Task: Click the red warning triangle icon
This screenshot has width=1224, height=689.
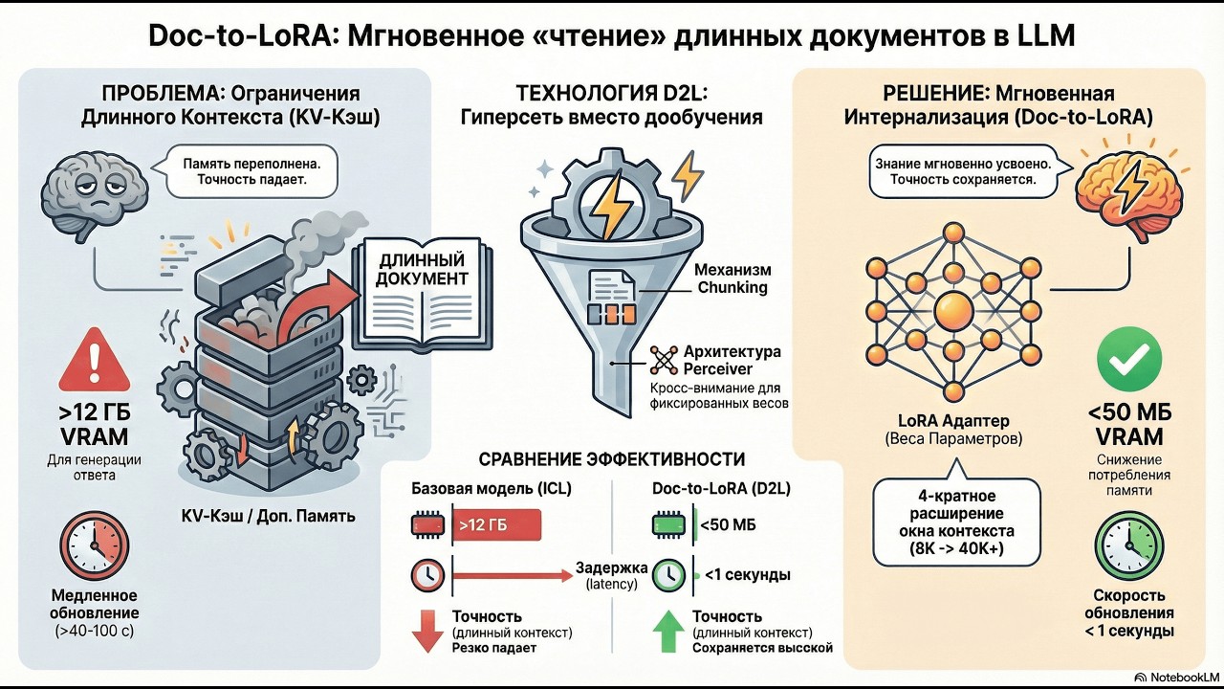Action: pos(95,361)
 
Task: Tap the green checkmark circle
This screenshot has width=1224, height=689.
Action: pos(1129,359)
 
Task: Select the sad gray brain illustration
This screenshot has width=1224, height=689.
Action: pos(94,190)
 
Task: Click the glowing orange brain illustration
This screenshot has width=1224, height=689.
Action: pos(1129,190)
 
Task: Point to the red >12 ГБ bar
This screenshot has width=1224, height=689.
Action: pos(496,525)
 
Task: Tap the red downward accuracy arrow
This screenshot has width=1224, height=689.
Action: pos(426,631)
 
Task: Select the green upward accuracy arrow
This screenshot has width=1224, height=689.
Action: pos(668,631)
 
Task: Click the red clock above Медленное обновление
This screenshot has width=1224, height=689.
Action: pos(94,545)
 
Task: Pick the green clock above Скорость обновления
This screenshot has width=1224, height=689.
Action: pos(1129,545)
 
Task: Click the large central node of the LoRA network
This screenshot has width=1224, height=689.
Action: pos(953,311)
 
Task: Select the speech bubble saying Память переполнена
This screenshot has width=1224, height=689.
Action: pos(251,171)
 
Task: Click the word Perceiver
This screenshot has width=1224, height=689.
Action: pos(717,368)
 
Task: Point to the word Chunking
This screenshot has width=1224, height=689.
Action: pos(732,287)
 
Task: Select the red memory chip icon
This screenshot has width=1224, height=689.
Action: pos(427,525)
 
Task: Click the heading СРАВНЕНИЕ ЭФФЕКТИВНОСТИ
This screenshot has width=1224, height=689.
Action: pos(611,459)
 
